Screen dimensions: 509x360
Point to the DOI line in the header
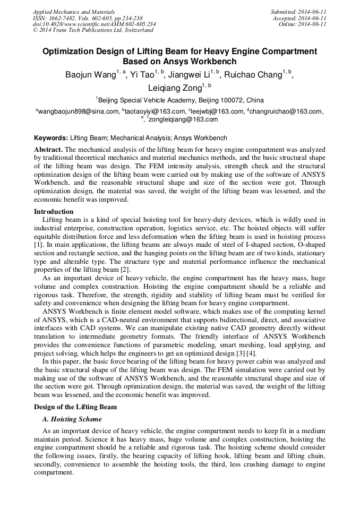point(95,24)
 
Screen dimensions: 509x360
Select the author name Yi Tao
point(143,75)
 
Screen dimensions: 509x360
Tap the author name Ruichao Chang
point(253,75)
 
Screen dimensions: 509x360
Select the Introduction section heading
point(54,212)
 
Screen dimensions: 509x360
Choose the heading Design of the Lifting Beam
point(75,407)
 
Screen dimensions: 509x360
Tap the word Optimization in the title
point(70,51)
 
